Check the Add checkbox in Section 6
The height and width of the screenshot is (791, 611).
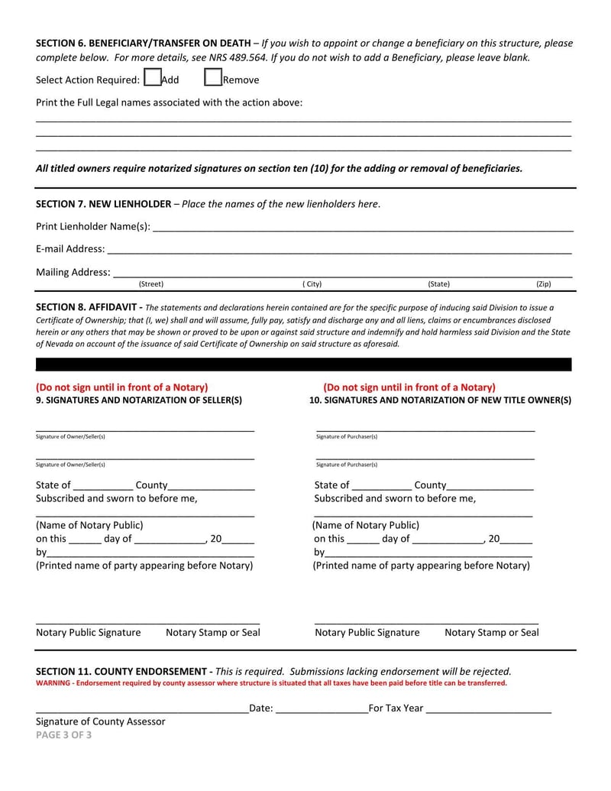click(x=152, y=78)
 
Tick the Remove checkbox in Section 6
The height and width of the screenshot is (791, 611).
click(x=213, y=78)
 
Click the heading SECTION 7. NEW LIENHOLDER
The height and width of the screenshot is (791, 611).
click(x=104, y=203)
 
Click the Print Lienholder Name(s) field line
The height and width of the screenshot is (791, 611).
click(x=363, y=228)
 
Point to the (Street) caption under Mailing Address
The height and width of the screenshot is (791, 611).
click(x=151, y=284)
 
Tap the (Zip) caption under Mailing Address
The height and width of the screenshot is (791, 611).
click(x=544, y=284)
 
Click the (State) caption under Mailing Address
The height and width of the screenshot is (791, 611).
click(x=438, y=284)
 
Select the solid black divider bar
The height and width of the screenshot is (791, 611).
click(x=304, y=365)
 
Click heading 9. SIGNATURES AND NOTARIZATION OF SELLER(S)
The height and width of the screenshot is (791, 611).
click(x=139, y=400)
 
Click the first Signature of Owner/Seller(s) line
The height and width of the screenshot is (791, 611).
click(x=145, y=430)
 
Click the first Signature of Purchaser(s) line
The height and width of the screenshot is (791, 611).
click(x=425, y=430)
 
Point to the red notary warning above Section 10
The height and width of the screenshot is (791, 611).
click(x=409, y=387)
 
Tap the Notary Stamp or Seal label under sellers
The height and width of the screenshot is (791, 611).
click(x=212, y=633)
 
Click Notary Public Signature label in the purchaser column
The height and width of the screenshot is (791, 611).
click(x=367, y=633)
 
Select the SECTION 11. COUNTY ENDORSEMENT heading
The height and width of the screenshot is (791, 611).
click(x=124, y=671)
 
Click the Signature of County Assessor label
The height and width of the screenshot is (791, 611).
click(x=101, y=721)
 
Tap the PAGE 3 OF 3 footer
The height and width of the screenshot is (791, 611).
click(x=64, y=735)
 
